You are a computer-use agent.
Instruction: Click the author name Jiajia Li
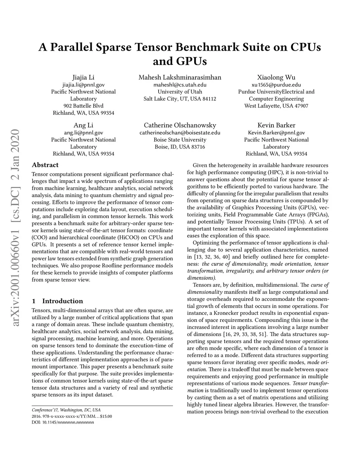coord(83,77)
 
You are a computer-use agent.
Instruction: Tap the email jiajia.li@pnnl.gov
coord(83,85)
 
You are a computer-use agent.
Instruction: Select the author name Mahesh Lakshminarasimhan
coord(180,77)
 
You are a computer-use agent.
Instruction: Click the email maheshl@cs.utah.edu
coord(180,85)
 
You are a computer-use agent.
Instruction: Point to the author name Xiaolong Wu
coord(276,77)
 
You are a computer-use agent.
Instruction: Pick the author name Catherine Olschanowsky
coord(180,125)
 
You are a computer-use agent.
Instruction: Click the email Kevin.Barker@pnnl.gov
coord(276,133)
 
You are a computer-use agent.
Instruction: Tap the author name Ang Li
coord(83,125)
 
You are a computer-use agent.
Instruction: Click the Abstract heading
coord(45,165)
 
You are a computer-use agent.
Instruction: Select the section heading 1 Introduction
coord(57,301)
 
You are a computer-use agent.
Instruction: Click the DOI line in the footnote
coord(63,422)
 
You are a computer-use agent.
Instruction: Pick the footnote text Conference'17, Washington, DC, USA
coord(66,410)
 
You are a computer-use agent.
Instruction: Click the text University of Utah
coord(180,92)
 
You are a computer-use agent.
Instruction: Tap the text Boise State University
coord(180,140)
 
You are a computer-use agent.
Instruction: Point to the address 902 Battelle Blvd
coord(83,106)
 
